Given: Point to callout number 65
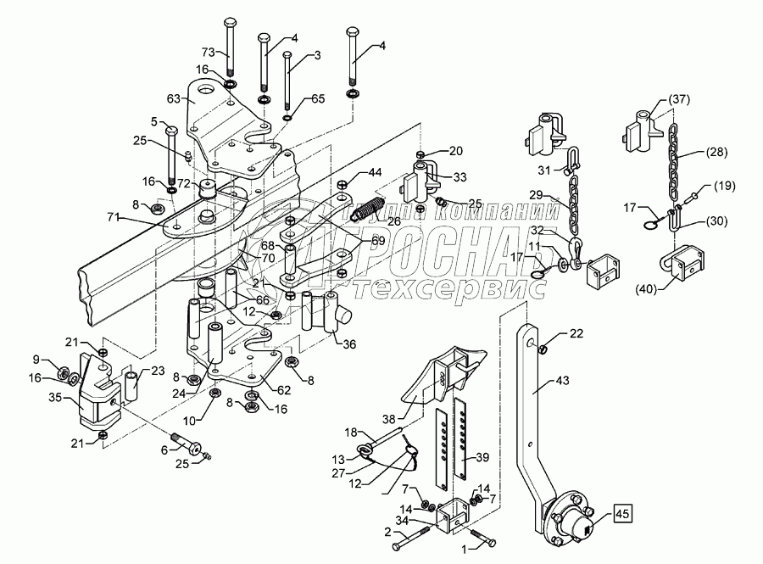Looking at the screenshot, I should click(316, 99).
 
